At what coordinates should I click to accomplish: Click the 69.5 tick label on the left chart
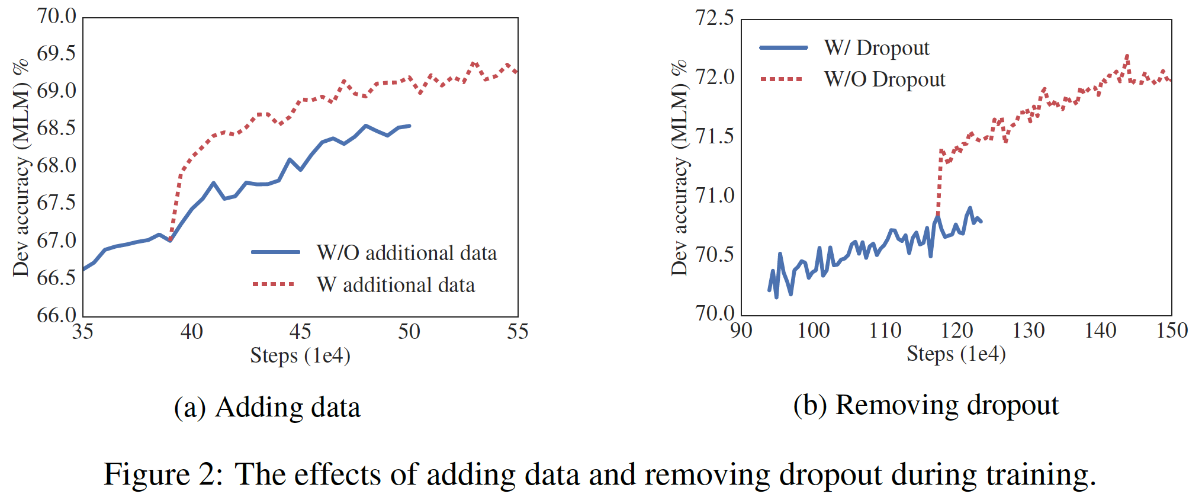[56, 54]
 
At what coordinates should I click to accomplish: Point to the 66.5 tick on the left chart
[56, 278]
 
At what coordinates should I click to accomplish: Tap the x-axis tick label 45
[300, 332]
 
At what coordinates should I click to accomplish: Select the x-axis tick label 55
[517, 332]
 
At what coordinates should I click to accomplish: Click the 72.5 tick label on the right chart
[714, 18]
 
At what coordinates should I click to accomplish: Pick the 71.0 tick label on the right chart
[714, 195]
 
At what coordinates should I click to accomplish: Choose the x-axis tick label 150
[1172, 331]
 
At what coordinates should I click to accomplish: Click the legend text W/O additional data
[406, 253]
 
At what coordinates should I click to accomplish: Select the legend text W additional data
[396, 285]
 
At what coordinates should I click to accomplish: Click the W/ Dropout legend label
[876, 48]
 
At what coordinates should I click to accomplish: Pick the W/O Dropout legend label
[885, 79]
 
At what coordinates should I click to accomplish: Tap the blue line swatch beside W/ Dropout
[783, 47]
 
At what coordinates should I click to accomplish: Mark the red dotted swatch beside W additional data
[274, 284]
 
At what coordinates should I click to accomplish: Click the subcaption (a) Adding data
[267, 408]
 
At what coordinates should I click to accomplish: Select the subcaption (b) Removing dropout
[925, 406]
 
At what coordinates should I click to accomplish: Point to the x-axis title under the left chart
[300, 355]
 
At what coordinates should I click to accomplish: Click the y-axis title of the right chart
[679, 168]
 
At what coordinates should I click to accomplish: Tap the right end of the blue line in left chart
[410, 126]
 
